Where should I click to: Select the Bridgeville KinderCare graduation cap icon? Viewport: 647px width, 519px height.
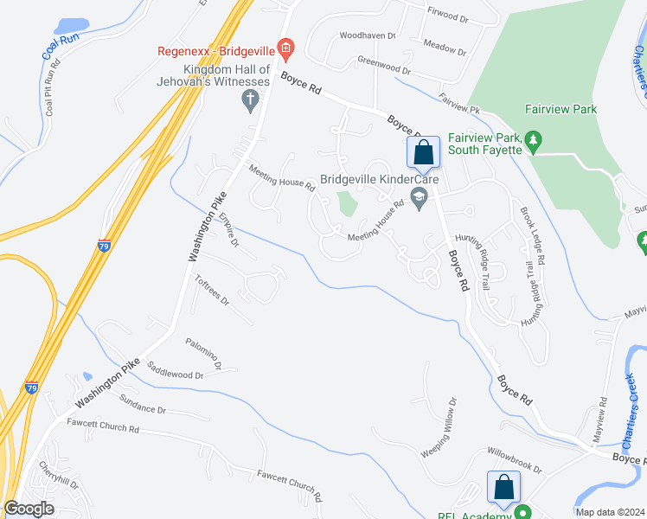(420, 198)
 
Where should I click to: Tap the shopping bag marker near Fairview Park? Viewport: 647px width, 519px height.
(423, 153)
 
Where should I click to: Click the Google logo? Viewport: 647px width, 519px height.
(29, 509)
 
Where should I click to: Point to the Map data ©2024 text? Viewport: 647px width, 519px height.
(609, 512)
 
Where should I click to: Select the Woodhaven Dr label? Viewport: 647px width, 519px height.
(367, 36)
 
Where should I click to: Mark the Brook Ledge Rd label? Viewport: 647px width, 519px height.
(532, 235)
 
